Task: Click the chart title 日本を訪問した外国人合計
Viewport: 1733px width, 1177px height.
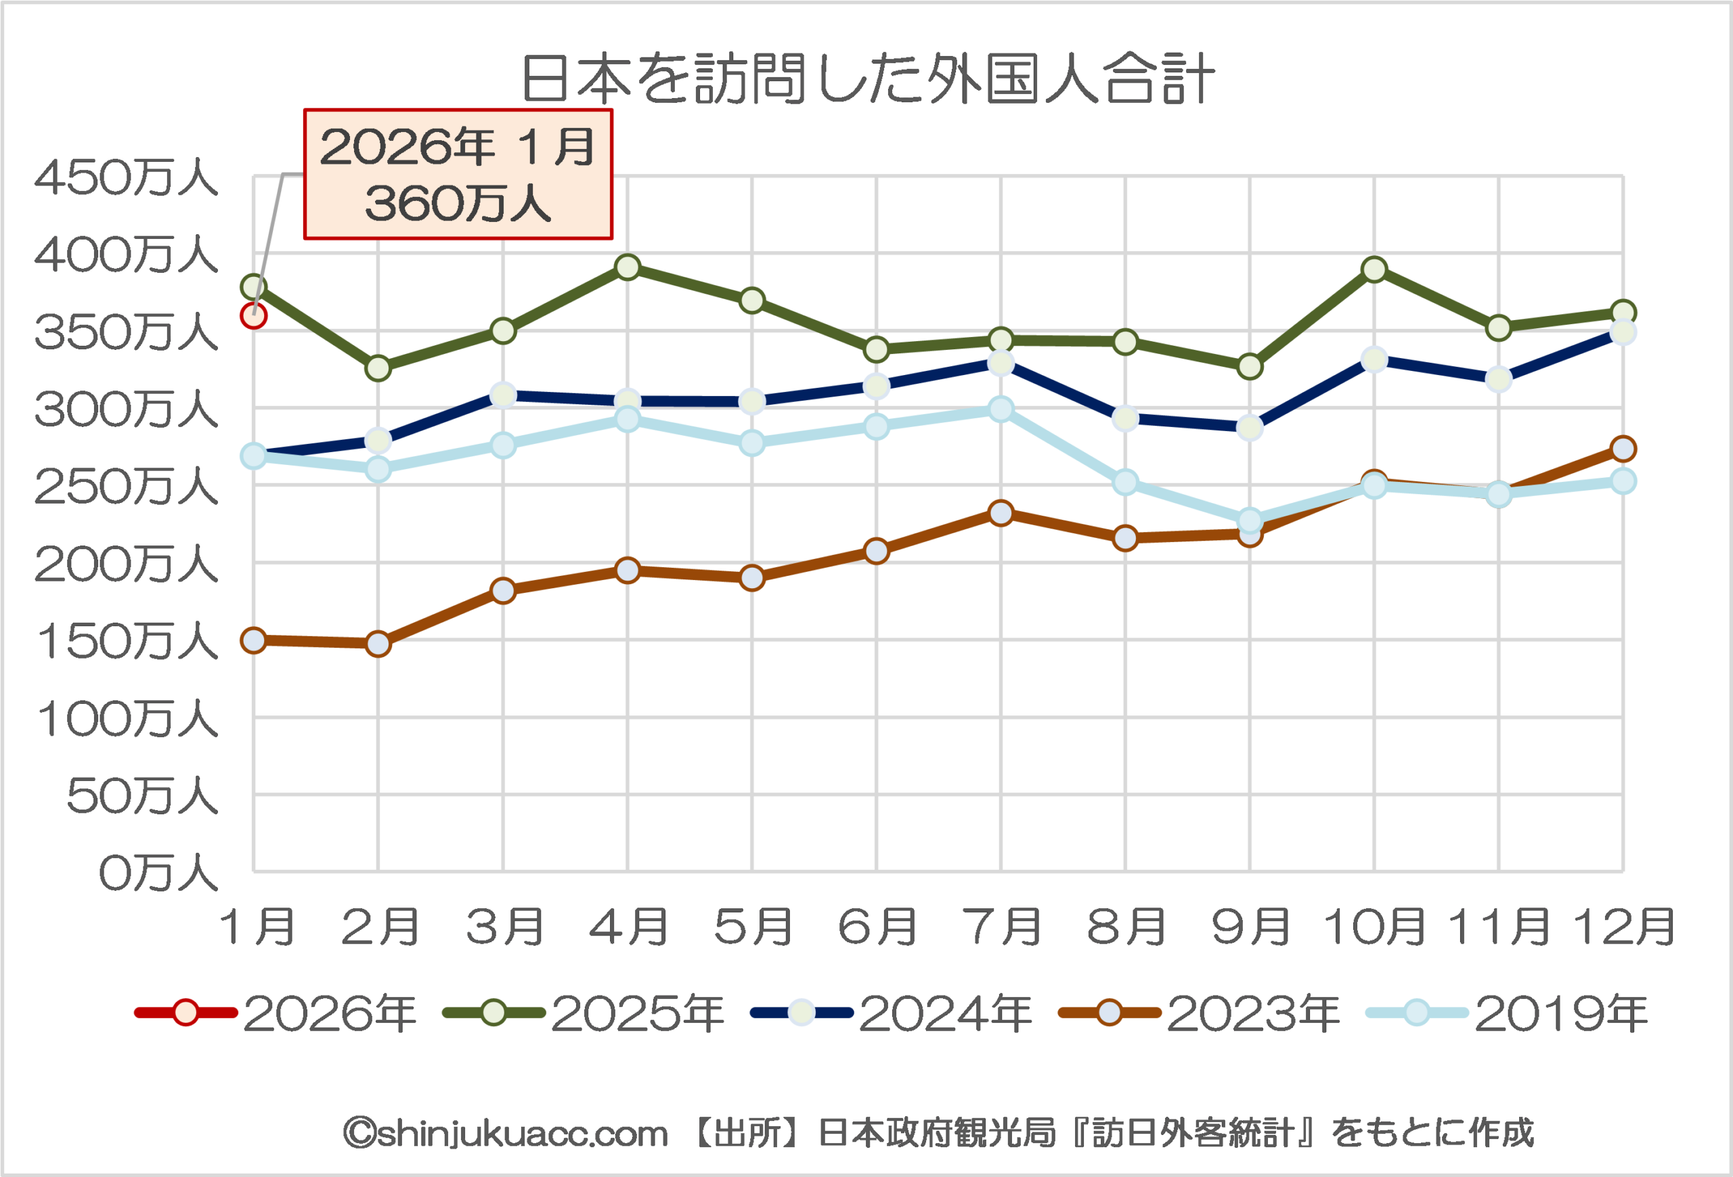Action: pos(868,79)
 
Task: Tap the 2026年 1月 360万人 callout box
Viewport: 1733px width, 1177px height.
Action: pos(458,175)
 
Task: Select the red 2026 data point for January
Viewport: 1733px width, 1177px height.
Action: pos(254,316)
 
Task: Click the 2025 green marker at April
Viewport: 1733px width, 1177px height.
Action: pos(628,267)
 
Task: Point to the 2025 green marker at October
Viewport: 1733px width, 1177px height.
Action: pos(1374,269)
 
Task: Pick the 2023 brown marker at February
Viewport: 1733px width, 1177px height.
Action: pos(378,643)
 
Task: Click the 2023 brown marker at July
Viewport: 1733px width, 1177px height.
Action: pos(1001,513)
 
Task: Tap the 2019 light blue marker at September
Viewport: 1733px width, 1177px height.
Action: pos(1250,520)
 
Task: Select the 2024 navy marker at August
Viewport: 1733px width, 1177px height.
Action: pos(1125,418)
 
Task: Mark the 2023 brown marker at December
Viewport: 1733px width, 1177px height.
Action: pos(1623,449)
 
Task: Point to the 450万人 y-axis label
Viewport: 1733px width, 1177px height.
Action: pos(126,178)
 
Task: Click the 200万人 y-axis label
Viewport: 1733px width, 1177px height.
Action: pos(126,564)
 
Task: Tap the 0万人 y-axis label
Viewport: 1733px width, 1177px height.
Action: pos(158,873)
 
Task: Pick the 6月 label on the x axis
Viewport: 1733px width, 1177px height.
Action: pos(877,927)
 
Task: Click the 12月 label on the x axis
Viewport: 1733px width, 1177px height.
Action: pos(1624,927)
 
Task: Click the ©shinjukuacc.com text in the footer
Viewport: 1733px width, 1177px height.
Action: pos(506,1134)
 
